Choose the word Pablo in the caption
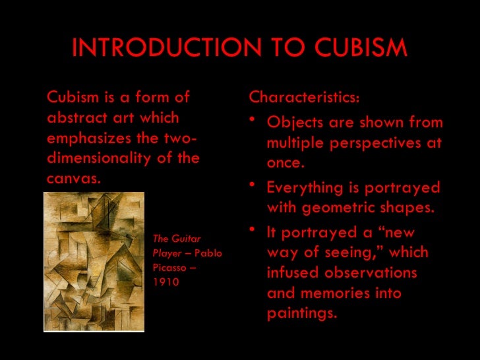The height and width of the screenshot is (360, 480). [x=208, y=253]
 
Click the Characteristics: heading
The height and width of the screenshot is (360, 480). [x=305, y=98]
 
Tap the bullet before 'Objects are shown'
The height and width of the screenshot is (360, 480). [x=255, y=121]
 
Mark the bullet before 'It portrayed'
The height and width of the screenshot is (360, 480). [x=255, y=231]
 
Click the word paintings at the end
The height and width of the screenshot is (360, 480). [x=302, y=313]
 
